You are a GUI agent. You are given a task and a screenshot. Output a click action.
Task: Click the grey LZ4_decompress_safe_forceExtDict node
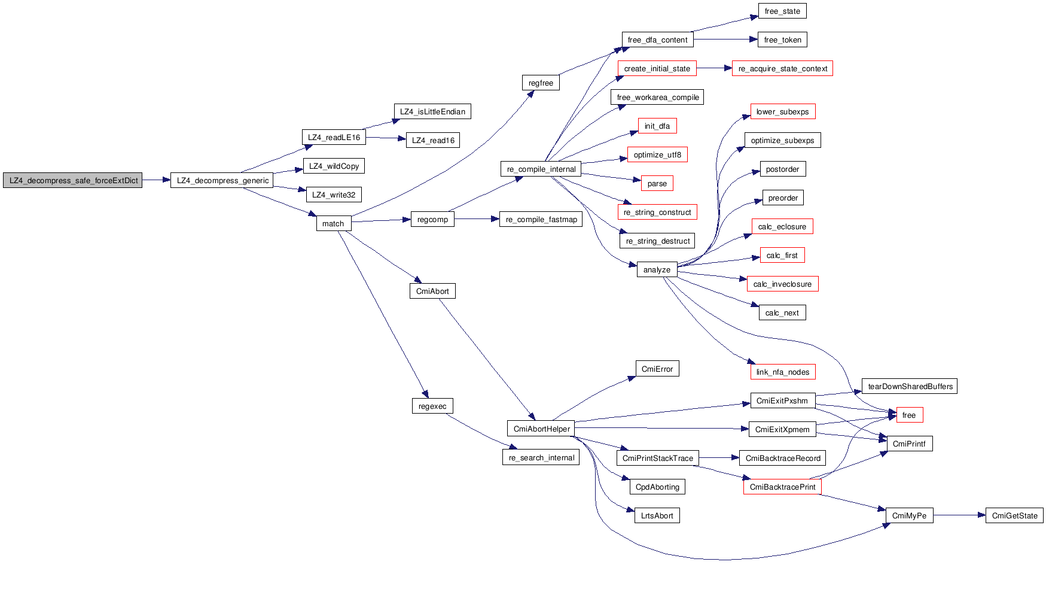73,180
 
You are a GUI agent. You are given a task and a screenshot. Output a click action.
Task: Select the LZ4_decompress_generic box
222,180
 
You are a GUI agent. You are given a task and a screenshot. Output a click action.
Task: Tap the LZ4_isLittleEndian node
432,111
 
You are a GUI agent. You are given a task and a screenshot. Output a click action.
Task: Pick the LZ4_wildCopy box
334,166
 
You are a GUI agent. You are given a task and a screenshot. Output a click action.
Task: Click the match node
333,223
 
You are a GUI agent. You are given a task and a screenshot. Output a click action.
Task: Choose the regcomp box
432,219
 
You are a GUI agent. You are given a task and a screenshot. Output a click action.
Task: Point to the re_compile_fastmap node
541,219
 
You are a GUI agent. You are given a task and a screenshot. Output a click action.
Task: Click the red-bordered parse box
657,183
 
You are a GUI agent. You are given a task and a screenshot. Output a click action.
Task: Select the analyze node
657,269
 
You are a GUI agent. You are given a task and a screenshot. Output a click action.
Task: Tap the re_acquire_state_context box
782,68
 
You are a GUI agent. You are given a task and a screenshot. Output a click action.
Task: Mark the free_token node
782,40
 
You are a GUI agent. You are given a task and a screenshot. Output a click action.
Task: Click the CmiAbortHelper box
541,429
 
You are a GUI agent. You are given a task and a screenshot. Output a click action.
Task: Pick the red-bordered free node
908,415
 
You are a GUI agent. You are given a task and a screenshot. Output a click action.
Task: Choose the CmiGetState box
1014,515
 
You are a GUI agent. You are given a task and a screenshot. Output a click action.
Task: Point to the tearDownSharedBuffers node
910,386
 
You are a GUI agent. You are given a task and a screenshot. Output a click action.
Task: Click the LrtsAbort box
657,515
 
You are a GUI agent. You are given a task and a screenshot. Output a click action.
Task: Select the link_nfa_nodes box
782,372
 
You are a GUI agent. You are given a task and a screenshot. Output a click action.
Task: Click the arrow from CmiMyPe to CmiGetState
959,515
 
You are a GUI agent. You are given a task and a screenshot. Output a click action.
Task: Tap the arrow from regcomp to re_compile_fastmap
477,219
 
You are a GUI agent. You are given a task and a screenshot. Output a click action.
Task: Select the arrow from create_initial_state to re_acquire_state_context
714,68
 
